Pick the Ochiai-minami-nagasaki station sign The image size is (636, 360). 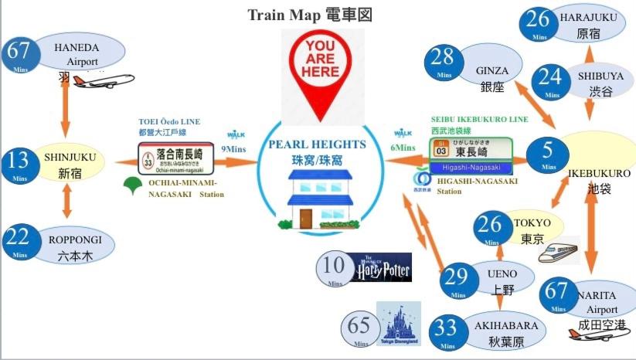[176, 158]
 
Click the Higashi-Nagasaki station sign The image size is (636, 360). [471, 155]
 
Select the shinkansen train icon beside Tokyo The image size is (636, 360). [559, 250]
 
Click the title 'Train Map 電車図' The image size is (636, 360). [310, 15]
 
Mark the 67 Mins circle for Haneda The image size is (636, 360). [21, 56]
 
